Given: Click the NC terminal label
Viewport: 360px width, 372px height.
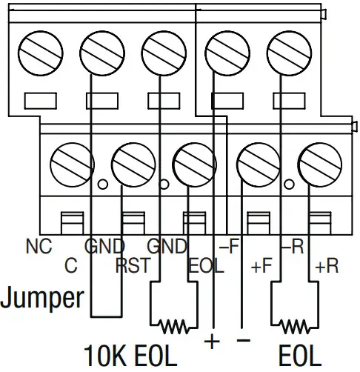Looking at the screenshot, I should [x=39, y=247].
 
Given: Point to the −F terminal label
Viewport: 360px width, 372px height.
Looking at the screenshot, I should [x=227, y=247].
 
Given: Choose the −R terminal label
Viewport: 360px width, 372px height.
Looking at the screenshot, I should [x=291, y=247].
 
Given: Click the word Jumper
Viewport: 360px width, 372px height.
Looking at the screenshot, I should [x=42, y=299].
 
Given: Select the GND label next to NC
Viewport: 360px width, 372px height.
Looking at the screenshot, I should [x=104, y=247].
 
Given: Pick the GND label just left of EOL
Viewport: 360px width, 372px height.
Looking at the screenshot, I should [x=167, y=247].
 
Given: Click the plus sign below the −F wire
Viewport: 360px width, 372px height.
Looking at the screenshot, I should [x=213, y=342].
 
